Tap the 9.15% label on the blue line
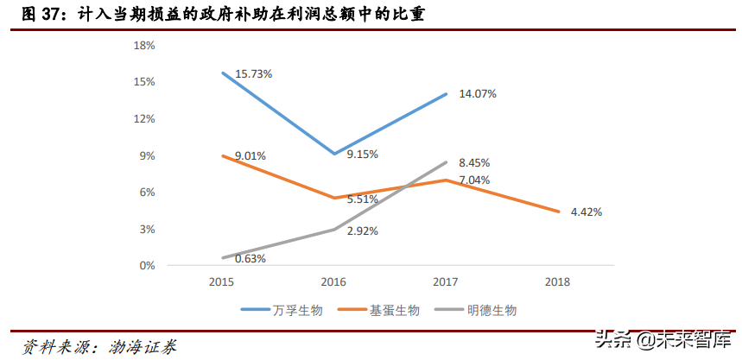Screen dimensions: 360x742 tap(362, 154)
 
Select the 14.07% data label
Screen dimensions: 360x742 tap(478, 93)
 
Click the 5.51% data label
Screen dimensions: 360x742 tap(362, 199)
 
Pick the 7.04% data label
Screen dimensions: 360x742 tap(474, 180)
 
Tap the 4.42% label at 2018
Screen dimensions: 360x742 tap(587, 212)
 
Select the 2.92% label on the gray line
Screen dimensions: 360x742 tap(362, 231)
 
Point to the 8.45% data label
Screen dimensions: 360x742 tap(474, 162)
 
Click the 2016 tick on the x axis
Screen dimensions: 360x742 tap(333, 281)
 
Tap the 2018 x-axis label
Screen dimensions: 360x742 tap(559, 281)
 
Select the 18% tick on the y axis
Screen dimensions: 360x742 tap(144, 45)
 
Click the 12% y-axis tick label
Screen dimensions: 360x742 tap(144, 118)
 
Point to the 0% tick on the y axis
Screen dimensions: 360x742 tap(147, 266)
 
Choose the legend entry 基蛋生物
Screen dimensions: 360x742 tap(397, 309)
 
